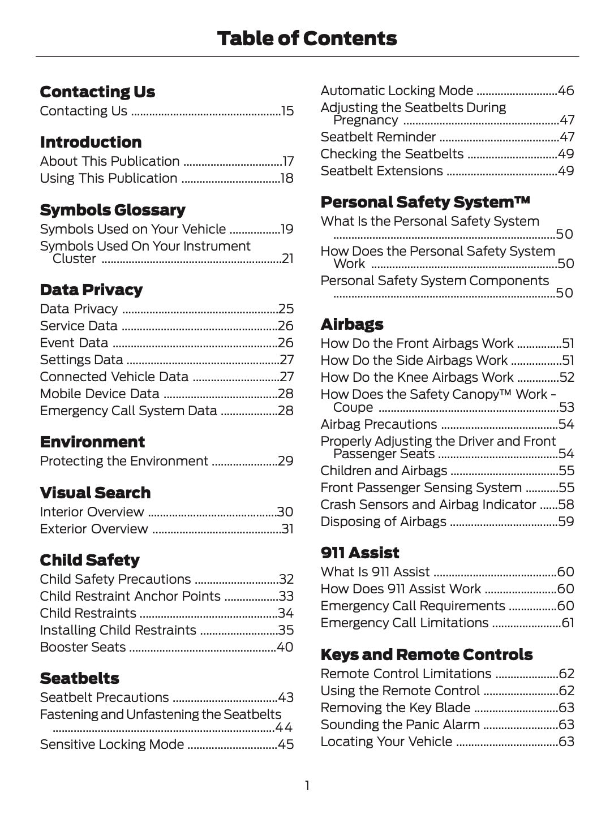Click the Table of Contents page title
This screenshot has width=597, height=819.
click(307, 38)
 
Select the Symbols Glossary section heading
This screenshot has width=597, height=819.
click(112, 210)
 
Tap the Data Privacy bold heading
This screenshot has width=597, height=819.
click(91, 290)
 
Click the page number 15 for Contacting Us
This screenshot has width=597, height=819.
click(287, 111)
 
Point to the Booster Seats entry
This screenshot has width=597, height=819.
click(83, 647)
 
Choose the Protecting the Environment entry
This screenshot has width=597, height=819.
click(124, 461)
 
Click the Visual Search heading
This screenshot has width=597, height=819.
click(95, 493)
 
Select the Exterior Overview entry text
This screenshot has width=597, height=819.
click(94, 529)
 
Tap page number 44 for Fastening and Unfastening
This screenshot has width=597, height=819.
click(284, 727)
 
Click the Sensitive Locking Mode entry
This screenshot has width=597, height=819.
click(111, 744)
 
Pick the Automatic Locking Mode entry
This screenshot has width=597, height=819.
click(397, 90)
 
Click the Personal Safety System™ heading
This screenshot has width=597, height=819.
click(425, 202)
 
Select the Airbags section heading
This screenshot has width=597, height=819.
click(351, 324)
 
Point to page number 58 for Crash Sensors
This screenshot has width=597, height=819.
click(566, 505)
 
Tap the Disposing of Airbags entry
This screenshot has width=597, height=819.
click(383, 521)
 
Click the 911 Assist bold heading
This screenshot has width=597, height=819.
click(359, 553)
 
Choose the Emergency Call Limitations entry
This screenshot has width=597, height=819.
click(404, 623)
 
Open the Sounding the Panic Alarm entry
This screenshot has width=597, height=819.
click(400, 725)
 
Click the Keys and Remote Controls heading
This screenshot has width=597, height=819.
click(426, 654)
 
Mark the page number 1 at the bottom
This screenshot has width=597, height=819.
click(307, 786)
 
